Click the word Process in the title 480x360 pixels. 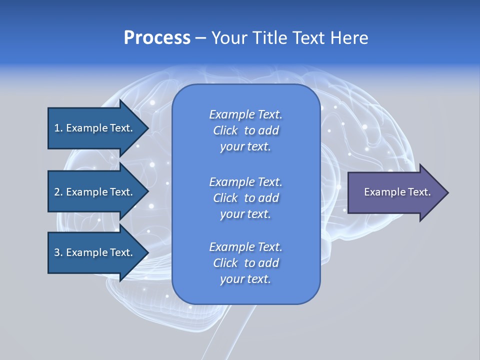(157, 38)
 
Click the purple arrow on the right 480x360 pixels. (395, 192)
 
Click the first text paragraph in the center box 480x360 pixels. (245, 130)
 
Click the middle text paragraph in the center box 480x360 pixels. (245, 197)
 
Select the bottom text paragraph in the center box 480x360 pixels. (245, 263)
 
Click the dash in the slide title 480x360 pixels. (200, 38)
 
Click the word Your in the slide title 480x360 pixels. (227, 38)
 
